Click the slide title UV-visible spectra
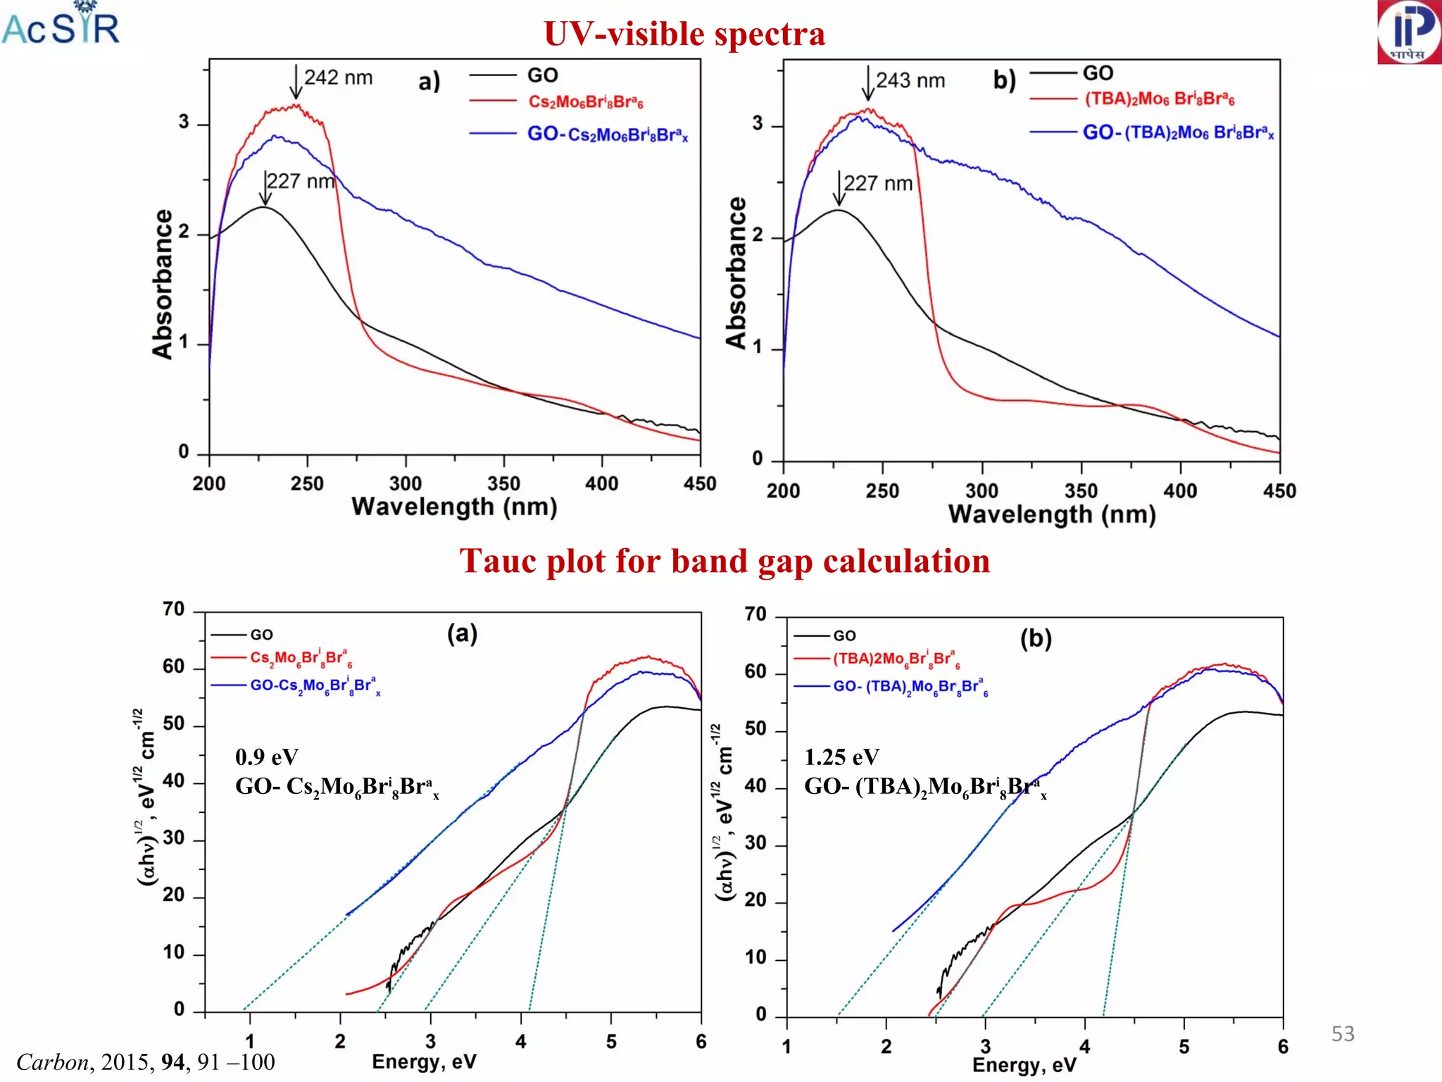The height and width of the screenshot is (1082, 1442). (684, 34)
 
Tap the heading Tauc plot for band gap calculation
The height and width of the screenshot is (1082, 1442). (725, 561)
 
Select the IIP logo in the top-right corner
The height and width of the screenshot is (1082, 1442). (1409, 32)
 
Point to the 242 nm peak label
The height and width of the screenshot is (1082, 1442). (338, 77)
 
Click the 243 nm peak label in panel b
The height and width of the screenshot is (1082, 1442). (910, 80)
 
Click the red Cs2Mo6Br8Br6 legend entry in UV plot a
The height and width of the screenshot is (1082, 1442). (585, 102)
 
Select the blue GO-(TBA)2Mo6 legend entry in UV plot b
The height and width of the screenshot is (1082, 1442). (1177, 132)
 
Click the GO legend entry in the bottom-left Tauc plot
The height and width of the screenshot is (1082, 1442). (261, 635)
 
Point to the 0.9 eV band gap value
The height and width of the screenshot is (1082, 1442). (266, 757)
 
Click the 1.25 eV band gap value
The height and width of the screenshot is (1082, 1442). (841, 757)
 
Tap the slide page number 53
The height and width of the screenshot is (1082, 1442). (1343, 1033)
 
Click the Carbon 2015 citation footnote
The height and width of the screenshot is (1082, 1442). (145, 1062)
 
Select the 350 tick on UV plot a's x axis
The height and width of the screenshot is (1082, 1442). (503, 484)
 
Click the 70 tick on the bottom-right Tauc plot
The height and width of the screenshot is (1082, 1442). (756, 614)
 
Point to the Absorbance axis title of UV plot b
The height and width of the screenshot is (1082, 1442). (736, 273)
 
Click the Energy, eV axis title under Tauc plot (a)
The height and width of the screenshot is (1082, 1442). (424, 1062)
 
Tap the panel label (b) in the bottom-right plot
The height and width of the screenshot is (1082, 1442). (1036, 638)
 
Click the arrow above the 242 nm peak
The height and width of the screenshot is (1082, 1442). (296, 82)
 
